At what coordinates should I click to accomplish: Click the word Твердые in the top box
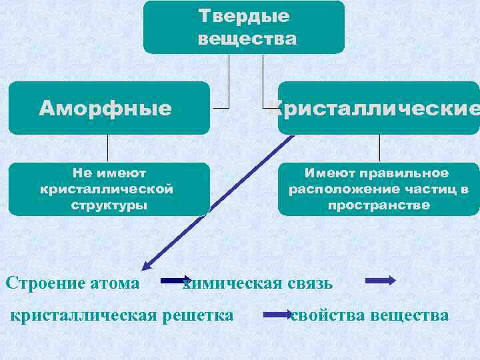[x=244, y=16]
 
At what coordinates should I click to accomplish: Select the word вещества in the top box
[x=247, y=39]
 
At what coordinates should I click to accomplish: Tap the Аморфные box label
[x=105, y=108]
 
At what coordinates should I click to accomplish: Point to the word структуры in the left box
[x=109, y=205]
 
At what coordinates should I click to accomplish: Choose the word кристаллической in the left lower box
[x=107, y=189]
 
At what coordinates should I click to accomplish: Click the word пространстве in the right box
[x=379, y=205]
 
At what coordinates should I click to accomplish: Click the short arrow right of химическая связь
[x=380, y=281]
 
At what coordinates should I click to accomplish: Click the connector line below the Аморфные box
[x=108, y=148]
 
